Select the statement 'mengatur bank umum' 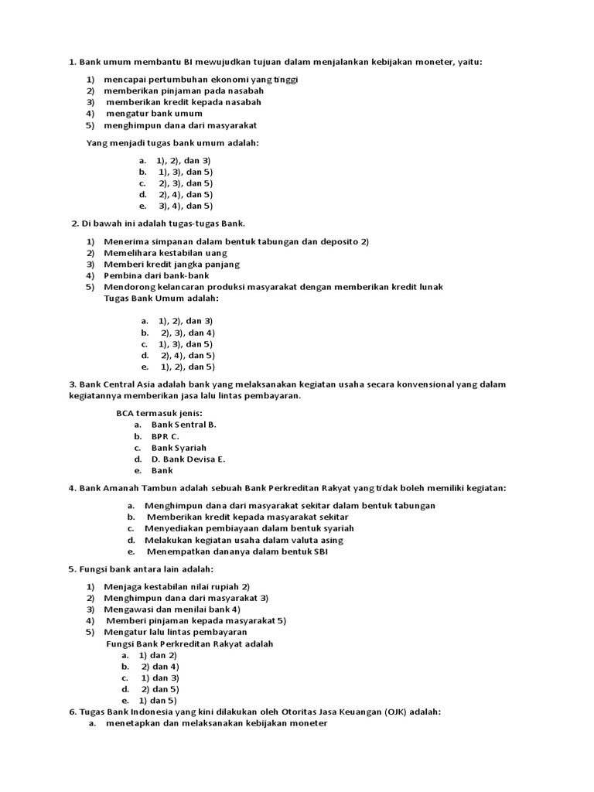coord(154,113)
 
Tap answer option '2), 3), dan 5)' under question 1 coord(185,183)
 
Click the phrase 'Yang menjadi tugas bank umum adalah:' coord(172,142)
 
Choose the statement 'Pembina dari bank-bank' coord(156,275)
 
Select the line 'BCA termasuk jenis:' coord(159,413)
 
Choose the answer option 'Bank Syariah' coord(179,448)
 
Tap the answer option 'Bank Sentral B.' coord(183,425)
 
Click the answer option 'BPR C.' coord(165,436)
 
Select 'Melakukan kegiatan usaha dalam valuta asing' coord(244,540)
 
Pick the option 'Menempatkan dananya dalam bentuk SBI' coord(237,551)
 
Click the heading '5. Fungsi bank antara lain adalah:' coord(140,569)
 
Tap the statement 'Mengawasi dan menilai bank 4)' coord(172,609)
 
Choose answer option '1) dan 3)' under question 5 coord(159,678)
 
